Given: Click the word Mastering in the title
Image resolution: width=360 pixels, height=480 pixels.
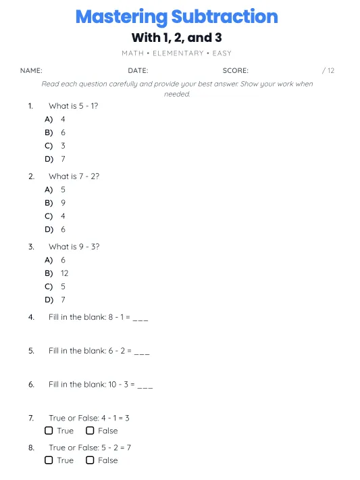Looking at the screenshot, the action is click(121, 17).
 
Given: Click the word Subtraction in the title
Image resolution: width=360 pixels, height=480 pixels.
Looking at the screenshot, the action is click(224, 17).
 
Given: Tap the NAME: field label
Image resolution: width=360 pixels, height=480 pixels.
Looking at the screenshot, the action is click(31, 70).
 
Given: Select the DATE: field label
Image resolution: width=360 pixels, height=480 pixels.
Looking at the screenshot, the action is click(138, 70).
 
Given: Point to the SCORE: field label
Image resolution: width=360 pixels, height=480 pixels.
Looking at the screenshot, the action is click(235, 70).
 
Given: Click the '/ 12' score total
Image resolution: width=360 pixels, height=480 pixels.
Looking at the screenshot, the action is click(328, 70).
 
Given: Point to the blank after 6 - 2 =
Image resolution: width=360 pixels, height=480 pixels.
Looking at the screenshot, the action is click(142, 352).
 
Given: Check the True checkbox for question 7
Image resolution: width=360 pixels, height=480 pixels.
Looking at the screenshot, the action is click(49, 431).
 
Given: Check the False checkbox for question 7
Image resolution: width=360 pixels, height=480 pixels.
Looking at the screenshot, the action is click(90, 431).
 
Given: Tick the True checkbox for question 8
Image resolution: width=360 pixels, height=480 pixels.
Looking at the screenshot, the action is click(49, 460).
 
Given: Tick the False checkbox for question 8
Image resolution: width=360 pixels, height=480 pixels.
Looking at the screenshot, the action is click(90, 460).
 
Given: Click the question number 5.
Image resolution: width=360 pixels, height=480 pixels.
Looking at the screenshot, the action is click(31, 351).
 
